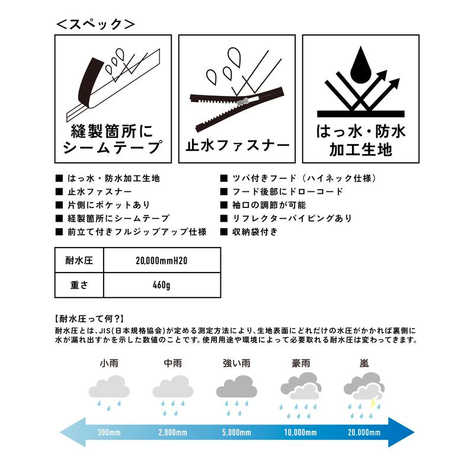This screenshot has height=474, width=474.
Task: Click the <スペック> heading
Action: (x=95, y=24)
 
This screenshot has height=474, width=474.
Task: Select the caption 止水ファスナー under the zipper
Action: (x=238, y=146)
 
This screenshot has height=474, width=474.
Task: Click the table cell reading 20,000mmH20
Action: (x=162, y=260)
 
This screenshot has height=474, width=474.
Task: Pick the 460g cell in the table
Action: (x=162, y=285)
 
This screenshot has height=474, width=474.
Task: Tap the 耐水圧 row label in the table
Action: (x=79, y=260)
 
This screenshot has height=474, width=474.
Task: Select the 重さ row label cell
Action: (x=79, y=285)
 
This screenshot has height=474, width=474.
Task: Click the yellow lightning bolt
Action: (x=373, y=402)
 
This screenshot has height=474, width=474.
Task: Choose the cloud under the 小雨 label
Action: (x=109, y=387)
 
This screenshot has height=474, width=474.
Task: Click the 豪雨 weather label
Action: (x=301, y=363)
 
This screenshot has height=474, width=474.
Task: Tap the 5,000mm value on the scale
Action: (x=236, y=433)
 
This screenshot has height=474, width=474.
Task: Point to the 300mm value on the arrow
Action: (x=109, y=433)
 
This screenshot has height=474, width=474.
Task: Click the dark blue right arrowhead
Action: (x=401, y=433)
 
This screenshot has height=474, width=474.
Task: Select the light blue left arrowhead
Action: (x=73, y=433)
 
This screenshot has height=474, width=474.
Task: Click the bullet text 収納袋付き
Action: (x=255, y=232)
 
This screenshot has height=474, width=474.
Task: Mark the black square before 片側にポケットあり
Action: (x=59, y=205)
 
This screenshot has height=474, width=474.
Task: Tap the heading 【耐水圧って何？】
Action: (x=89, y=319)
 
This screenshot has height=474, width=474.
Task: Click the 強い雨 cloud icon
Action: (x=236, y=387)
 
